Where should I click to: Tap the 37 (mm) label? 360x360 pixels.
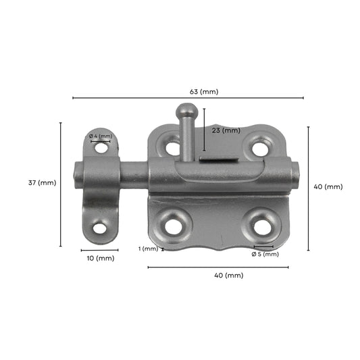pos(42,182)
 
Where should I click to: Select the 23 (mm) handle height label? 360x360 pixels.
pos(226,130)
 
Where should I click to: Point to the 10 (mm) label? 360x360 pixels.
pos(99,258)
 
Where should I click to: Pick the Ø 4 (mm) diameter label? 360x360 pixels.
pos(100,136)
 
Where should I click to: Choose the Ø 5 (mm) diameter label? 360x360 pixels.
pos(265,254)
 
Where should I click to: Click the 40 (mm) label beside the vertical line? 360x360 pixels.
pos(329,186)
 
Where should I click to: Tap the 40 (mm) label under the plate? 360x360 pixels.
pos(228,276)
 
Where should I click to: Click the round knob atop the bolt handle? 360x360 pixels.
pos(184,110)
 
